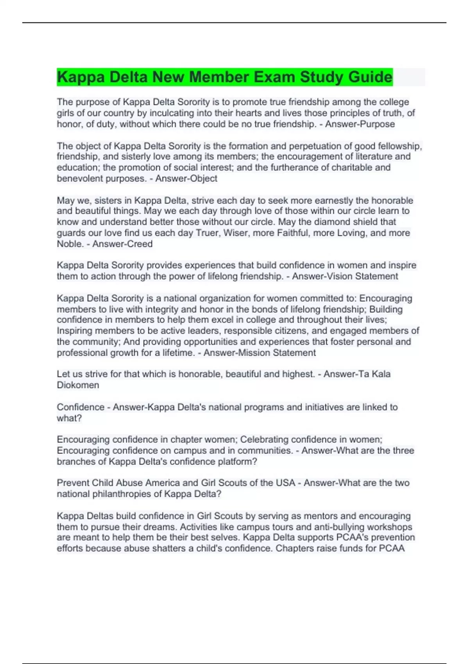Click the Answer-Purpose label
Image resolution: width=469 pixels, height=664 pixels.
pyautogui.click(x=360, y=124)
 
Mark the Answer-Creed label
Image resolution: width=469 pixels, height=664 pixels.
pyautogui.click(x=122, y=244)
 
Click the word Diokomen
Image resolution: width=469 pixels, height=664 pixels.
pyautogui.click(x=78, y=385)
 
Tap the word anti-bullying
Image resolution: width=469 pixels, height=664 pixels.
pyautogui.click(x=339, y=527)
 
